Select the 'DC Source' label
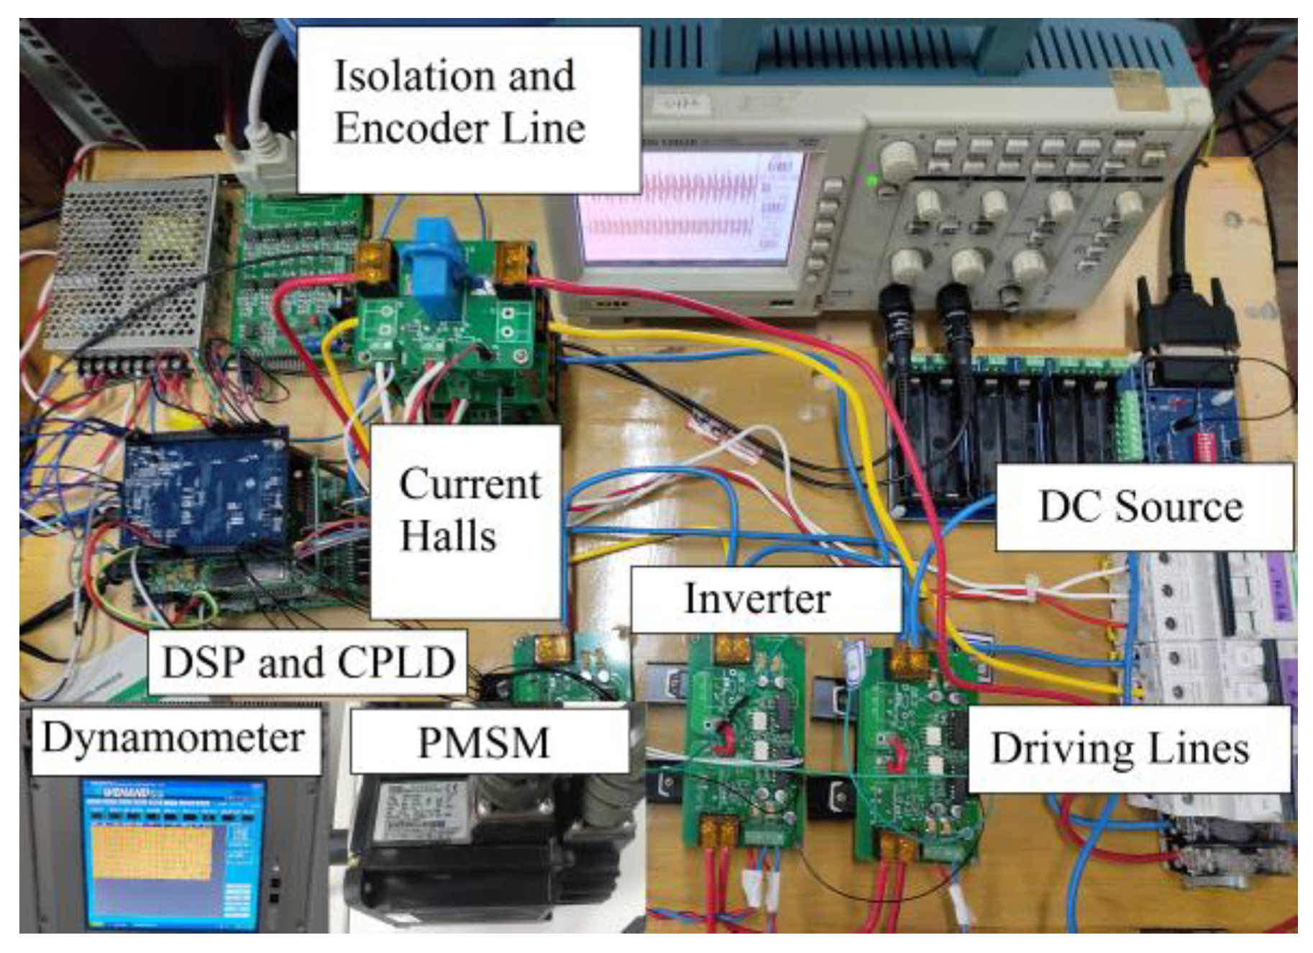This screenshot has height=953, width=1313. coord(1143,506)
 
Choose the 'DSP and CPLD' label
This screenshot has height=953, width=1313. coord(308,662)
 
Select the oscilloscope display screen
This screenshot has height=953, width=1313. coord(691,209)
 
